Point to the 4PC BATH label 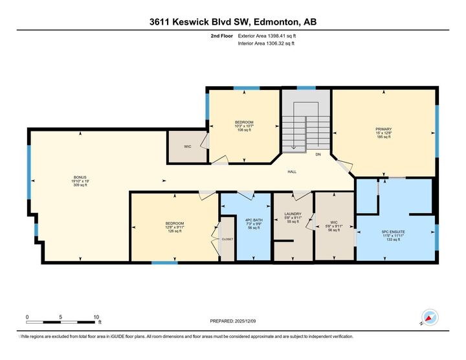coord(252,223)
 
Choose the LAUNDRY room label coord(293,217)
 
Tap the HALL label coord(292,172)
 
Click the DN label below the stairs coord(318,155)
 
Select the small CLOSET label coord(227,239)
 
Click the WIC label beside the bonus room coord(187,147)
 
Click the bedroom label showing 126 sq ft coord(175,227)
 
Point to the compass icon coord(429,317)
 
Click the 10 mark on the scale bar coord(96,317)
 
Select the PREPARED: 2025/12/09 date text coord(233,321)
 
